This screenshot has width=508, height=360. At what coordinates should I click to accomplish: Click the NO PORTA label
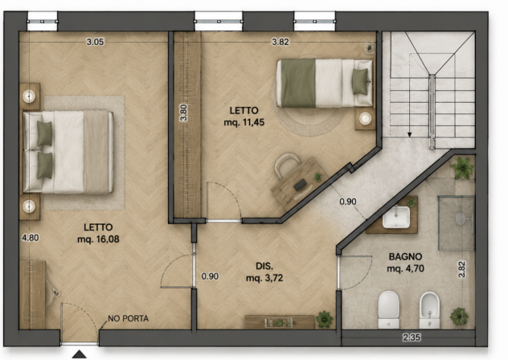129,318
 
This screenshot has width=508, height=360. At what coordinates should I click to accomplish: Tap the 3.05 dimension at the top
95,42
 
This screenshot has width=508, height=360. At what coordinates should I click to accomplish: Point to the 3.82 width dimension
281,42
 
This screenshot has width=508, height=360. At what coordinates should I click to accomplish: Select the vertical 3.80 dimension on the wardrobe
184,112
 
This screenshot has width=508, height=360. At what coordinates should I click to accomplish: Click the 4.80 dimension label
31,238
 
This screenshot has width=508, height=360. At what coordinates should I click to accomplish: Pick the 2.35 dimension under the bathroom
412,337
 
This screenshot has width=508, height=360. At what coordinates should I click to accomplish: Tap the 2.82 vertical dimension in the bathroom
462,269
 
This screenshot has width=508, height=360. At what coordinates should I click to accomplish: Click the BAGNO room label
405,257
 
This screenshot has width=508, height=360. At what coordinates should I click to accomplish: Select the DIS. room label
264,266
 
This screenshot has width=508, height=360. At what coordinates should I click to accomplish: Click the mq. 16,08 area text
98,239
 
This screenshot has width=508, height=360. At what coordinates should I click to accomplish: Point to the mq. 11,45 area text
244,122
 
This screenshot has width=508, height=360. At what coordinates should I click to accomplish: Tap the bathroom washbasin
396,216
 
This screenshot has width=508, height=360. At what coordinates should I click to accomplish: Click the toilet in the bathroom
388,309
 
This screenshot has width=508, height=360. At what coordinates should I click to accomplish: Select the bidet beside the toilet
429,310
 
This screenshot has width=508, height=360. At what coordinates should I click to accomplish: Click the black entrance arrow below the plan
80,354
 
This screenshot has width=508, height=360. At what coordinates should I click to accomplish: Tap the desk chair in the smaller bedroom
286,164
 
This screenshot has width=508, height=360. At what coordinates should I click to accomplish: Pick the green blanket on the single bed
298,83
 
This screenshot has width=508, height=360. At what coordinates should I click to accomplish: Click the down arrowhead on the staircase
409,134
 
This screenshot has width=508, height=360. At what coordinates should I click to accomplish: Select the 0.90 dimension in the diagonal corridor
348,202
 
